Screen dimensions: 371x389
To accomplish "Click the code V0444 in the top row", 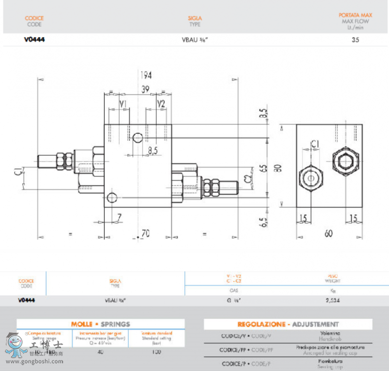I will pyautogui.click(x=35, y=40).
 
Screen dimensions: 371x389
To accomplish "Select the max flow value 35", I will pyautogui.click(x=355, y=40).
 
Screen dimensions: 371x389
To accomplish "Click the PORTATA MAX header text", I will pyautogui.click(x=355, y=15).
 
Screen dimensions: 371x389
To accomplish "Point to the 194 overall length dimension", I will pyautogui.click(x=145, y=75).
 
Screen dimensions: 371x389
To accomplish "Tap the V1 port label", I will pyautogui.click(x=124, y=103).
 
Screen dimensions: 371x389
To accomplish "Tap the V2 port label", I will pyautogui.click(x=161, y=103).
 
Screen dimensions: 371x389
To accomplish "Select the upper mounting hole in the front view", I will pyautogui.click(x=138, y=138).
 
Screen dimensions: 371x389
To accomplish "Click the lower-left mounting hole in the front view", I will pyautogui.click(x=112, y=198).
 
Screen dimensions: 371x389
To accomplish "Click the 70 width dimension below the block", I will pyautogui.click(x=145, y=234).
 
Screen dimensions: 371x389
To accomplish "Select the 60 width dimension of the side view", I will pyautogui.click(x=329, y=234).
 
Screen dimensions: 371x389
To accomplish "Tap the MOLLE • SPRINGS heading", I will pyautogui.click(x=101, y=324).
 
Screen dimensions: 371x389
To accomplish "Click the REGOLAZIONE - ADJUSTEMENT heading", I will pyautogui.click(x=288, y=324).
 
